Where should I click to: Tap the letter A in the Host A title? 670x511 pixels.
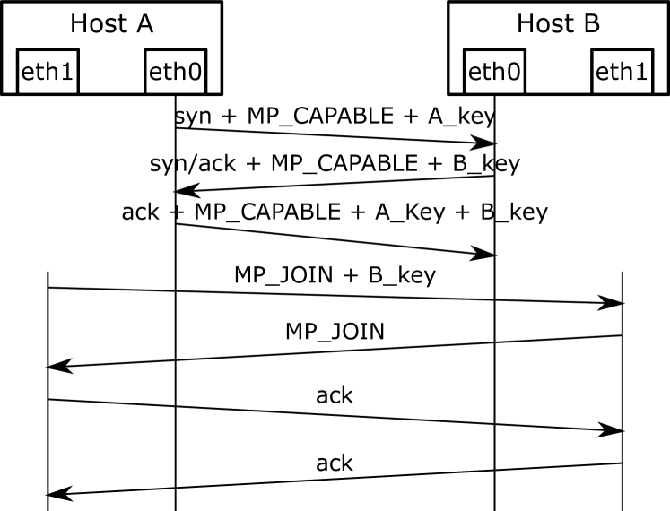[x=143, y=24]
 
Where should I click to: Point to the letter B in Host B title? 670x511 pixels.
[x=590, y=24]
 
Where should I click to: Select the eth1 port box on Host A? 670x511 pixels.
[x=48, y=73]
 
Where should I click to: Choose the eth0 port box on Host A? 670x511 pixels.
[x=176, y=73]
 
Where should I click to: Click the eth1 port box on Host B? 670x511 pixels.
[x=622, y=73]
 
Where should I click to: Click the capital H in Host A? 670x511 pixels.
[x=79, y=24]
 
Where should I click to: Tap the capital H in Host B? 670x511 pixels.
[x=526, y=24]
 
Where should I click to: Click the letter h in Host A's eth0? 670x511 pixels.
[x=180, y=72]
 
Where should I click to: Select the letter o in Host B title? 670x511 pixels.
[x=544, y=26]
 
